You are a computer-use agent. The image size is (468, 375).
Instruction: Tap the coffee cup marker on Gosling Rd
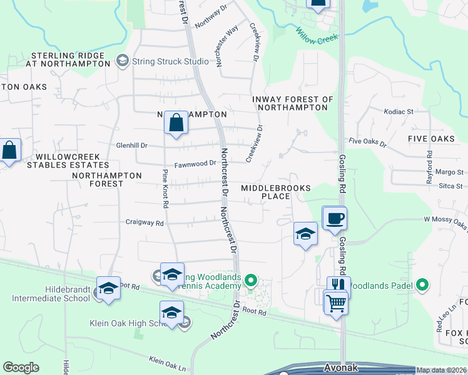335,218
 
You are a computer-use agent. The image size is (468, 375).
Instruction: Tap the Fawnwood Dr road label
195,164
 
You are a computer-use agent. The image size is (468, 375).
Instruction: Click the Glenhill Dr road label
131,145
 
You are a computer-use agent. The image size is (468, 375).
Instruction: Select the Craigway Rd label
144,222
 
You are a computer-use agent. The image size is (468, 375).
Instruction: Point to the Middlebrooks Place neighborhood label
275,192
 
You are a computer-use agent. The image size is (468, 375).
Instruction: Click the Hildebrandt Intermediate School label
51,294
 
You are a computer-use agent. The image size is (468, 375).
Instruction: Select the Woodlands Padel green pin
422,286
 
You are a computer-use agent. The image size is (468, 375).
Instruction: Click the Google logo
21,367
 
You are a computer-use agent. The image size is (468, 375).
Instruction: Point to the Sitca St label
450,186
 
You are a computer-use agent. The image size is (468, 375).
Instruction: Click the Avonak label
341,367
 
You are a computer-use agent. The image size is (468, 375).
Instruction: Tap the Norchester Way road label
227,50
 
